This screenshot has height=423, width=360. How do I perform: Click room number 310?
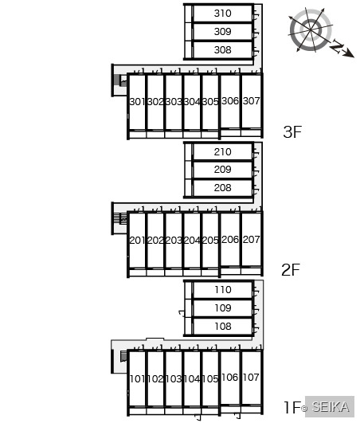point(223,14)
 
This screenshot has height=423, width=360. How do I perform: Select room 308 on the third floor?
point(223,50)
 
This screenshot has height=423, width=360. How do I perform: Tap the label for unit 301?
point(137,102)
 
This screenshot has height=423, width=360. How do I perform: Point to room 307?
point(252,101)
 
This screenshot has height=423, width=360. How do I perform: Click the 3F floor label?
point(292,132)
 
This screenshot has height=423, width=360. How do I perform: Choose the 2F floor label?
point(291,270)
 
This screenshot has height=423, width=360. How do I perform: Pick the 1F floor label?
point(292,407)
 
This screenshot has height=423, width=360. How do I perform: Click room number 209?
point(223,170)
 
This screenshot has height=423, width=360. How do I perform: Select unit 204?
point(192,240)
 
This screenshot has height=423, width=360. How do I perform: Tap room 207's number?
point(252,239)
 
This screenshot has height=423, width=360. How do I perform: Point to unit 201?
point(137,240)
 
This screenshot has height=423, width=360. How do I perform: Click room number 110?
point(223,290)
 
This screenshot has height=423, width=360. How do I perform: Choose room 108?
point(223,327)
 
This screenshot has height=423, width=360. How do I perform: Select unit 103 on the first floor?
point(174,379)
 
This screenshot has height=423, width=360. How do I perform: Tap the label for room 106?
point(230,378)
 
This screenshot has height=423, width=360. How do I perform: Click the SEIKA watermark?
point(330,406)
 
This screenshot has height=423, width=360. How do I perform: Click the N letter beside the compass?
point(337,46)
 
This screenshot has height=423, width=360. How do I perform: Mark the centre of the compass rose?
point(311,29)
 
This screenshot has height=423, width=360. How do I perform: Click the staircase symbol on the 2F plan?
point(120,218)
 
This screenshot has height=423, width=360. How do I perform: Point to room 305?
point(210,102)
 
